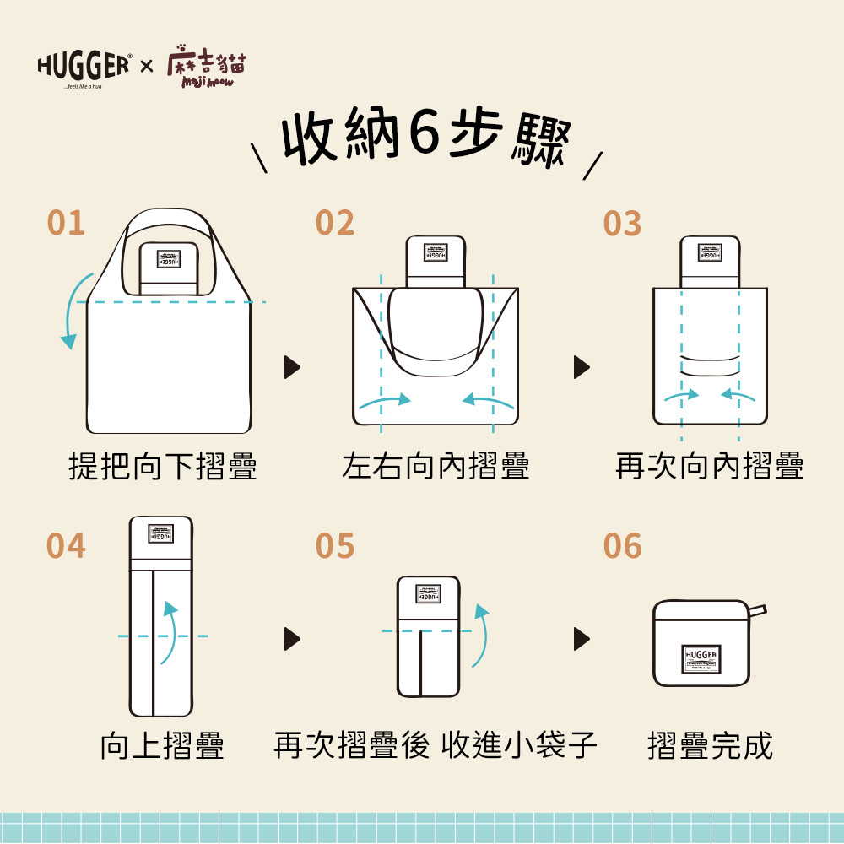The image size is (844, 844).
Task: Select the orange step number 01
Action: (x=66, y=224)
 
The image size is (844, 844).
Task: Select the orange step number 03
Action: (x=622, y=225)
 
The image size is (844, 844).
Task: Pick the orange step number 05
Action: (x=335, y=547)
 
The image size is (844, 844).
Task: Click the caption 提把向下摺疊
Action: (x=163, y=465)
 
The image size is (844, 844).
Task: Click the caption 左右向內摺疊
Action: (x=436, y=465)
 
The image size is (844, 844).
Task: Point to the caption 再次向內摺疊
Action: (x=710, y=465)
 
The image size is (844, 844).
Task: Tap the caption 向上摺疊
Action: (x=162, y=746)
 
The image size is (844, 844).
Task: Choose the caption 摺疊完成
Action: (x=710, y=746)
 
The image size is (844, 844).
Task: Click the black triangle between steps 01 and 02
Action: (x=292, y=367)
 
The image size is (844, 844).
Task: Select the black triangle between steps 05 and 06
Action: (x=582, y=637)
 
